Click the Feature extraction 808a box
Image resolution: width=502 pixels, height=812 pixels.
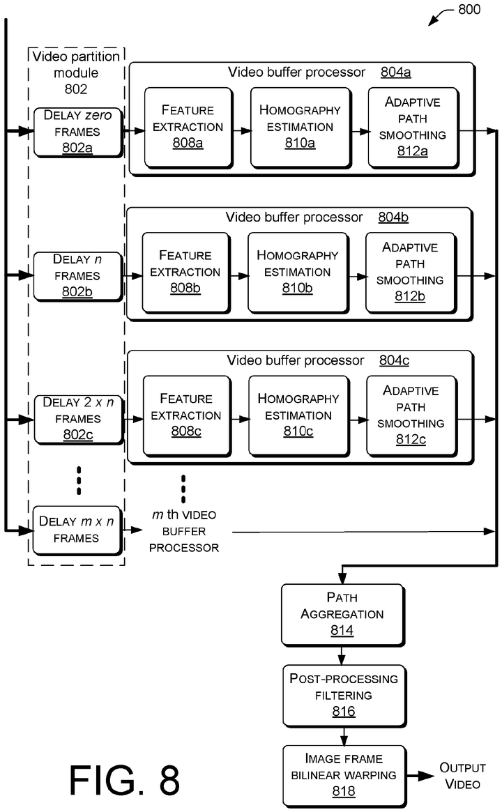tap(188, 128)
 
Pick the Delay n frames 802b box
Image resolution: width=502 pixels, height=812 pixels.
tap(77, 275)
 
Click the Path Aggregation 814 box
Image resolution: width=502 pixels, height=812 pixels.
tap(342, 614)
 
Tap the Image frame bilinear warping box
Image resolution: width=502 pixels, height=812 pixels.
tap(342, 775)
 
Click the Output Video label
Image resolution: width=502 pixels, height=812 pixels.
tap(462, 776)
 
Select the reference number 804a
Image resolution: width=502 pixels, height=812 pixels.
tap(395, 72)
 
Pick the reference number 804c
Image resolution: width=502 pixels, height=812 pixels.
tap(394, 360)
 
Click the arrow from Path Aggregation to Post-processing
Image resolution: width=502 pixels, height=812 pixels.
tap(342, 655)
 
